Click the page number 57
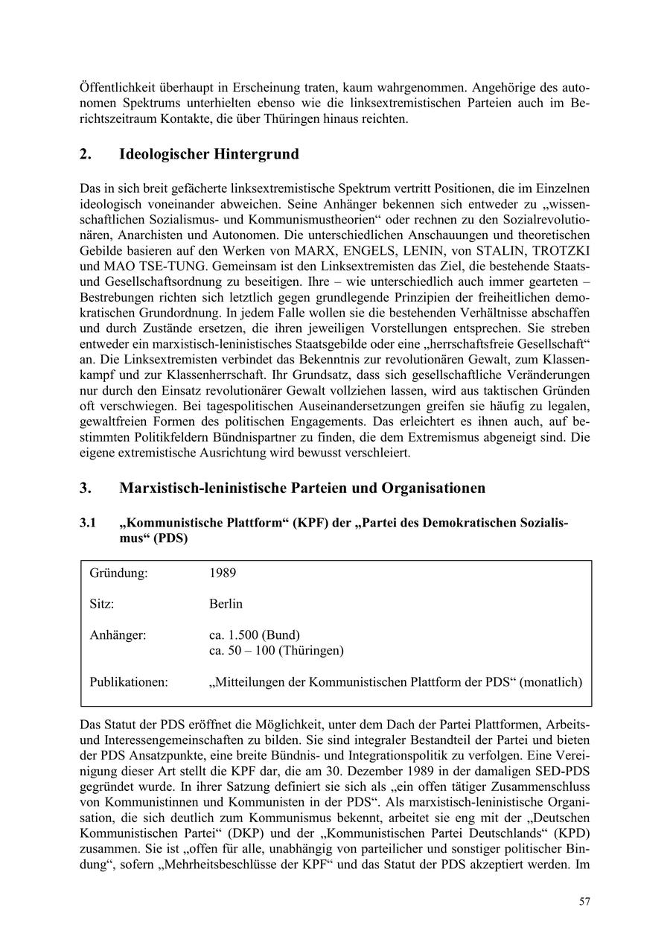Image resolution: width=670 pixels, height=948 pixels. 584,902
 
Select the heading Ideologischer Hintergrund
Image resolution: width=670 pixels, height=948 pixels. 208,154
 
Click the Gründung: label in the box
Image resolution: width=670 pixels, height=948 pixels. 118,573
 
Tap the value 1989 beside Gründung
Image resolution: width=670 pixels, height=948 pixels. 223,573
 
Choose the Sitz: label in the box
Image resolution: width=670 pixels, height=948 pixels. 102,604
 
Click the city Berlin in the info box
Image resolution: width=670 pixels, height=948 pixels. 226,604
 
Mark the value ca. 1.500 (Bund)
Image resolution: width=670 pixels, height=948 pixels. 255,635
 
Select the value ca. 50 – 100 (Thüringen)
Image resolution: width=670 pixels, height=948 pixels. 276,650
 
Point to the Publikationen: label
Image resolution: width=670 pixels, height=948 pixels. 129,681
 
